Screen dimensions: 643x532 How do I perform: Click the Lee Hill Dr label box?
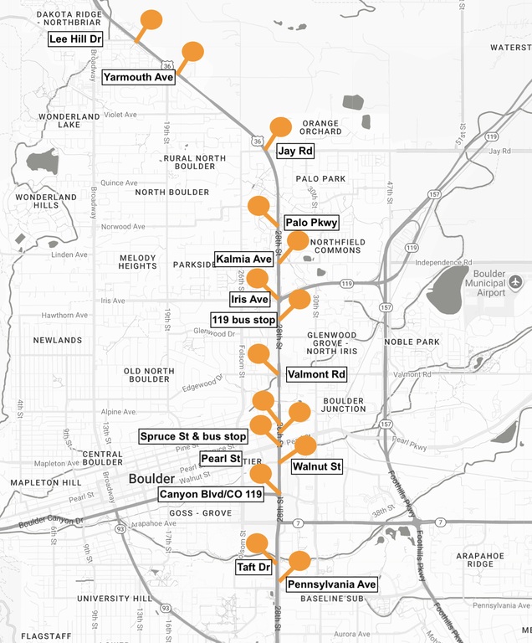click(74, 39)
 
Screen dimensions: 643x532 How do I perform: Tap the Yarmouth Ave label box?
click(138, 77)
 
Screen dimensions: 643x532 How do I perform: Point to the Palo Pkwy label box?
click(311, 223)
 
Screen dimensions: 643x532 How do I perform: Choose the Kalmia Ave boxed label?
click(243, 259)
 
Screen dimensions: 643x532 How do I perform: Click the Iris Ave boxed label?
click(249, 299)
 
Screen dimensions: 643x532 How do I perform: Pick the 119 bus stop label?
click(243, 320)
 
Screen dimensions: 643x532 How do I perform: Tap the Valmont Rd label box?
click(315, 374)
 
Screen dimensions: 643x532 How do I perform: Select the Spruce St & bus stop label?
click(193, 436)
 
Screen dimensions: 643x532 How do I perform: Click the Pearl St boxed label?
click(221, 459)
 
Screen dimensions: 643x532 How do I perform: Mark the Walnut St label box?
click(317, 466)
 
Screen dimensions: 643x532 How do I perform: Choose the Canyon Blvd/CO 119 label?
click(212, 495)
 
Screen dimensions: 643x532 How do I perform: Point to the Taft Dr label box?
click(253, 567)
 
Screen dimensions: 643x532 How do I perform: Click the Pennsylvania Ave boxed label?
click(332, 584)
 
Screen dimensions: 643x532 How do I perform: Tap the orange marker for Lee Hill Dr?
click(151, 21)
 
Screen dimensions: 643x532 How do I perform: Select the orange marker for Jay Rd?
click(280, 127)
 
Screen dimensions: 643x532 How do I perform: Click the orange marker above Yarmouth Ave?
click(192, 52)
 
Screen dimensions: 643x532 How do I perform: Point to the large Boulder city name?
click(152, 479)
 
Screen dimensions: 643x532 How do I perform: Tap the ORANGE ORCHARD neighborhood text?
click(321, 127)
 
